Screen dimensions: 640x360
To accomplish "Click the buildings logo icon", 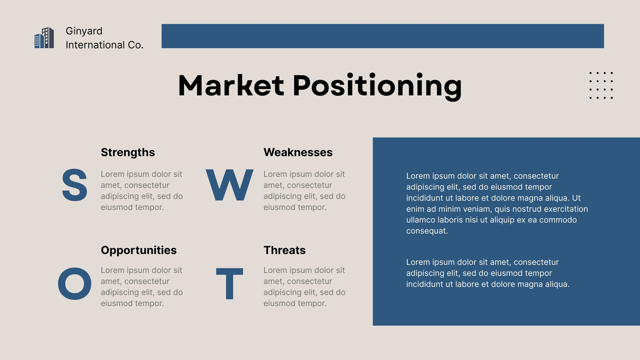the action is pyautogui.click(x=44, y=38).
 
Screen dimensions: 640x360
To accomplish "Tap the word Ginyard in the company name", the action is pyautogui.click(x=84, y=31).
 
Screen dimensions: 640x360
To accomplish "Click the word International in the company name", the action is pyautogui.click(x=95, y=45).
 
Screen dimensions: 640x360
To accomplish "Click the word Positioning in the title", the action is pyautogui.click(x=378, y=86).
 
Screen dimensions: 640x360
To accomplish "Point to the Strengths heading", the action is pyautogui.click(x=128, y=152).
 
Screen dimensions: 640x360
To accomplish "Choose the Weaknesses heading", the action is pyautogui.click(x=298, y=152).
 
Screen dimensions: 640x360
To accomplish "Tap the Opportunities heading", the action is pyautogui.click(x=138, y=250).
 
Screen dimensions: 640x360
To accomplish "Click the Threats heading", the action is pyautogui.click(x=284, y=250).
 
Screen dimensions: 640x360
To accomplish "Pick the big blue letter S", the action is pyautogui.click(x=74, y=185).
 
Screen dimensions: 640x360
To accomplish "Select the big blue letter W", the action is pyautogui.click(x=230, y=185).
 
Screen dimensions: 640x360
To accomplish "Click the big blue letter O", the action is pyautogui.click(x=74, y=284).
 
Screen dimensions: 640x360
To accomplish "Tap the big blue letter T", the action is pyautogui.click(x=230, y=284).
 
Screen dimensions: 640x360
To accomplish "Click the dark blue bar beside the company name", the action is pyautogui.click(x=382, y=36).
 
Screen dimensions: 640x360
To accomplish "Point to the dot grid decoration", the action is pyautogui.click(x=601, y=86).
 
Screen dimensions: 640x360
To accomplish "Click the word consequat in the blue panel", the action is pyautogui.click(x=427, y=231).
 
